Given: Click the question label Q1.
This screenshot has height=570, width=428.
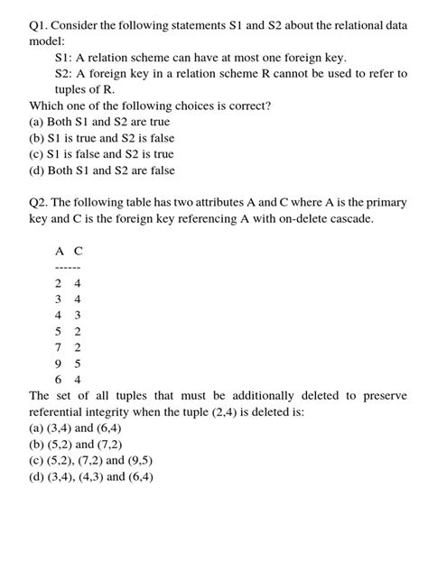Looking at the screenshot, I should point(43,24).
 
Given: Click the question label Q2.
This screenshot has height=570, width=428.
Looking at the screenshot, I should point(43,204).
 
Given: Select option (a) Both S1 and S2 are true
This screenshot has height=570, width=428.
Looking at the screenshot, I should point(99,122).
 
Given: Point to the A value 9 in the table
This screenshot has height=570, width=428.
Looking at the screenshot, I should point(59,364).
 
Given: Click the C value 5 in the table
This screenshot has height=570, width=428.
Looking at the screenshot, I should point(78,364).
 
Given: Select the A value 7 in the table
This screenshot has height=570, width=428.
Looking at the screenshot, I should point(59,348).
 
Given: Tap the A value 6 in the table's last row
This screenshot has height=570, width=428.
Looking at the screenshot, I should point(59,380).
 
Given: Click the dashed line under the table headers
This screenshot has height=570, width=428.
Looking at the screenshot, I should point(68,268).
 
